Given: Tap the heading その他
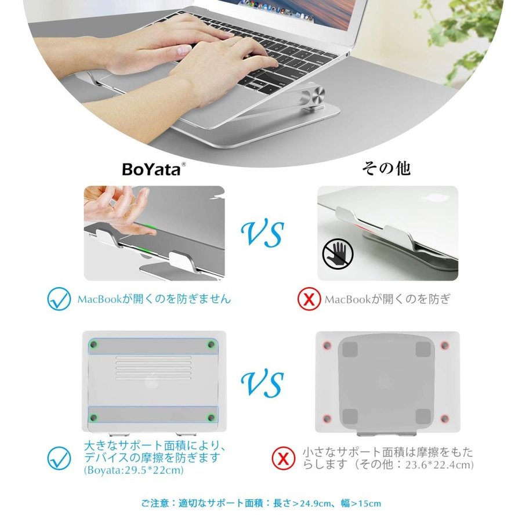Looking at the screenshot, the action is tap(386, 168).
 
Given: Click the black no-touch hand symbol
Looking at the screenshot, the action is tap(338, 255).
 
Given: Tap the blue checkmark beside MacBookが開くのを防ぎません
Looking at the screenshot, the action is tap(59, 299).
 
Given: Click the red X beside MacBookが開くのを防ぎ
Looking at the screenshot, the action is tap(309, 299).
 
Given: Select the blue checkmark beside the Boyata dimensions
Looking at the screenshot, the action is tap(59, 458).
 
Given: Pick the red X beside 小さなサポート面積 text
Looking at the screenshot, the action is tap(283, 458).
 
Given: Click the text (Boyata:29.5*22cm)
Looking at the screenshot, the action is tap(134, 470).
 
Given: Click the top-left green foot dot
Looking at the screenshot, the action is tap(93, 344).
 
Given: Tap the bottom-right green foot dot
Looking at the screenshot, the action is tap(211, 418).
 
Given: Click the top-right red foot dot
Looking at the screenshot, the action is tap(444, 345).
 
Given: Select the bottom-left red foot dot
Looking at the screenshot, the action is tap(327, 418).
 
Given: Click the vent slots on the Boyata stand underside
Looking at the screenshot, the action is tap(154, 368).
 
